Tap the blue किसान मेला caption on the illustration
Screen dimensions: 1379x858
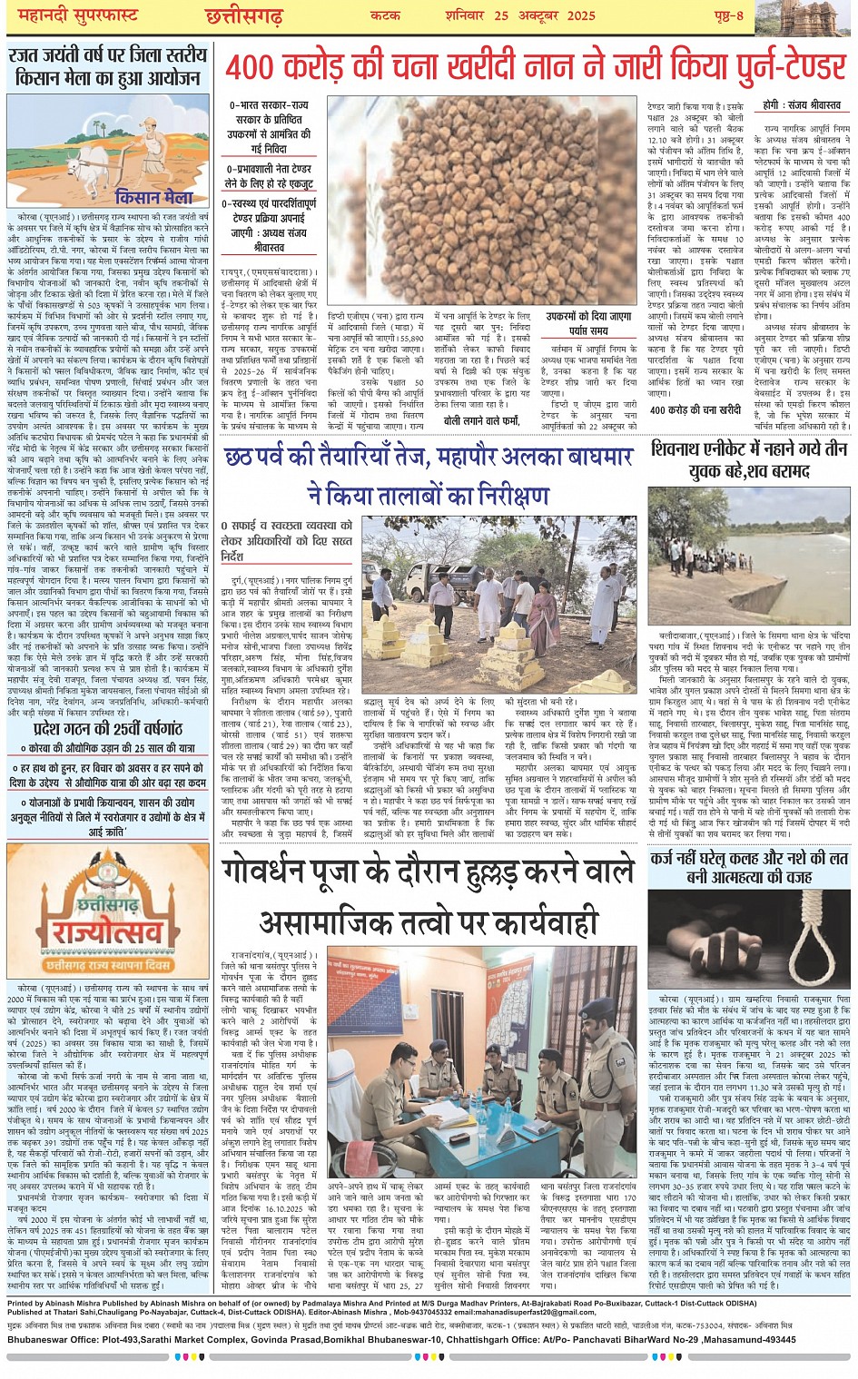pos(154,197)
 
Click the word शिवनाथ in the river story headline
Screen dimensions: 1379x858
pos(684,450)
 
